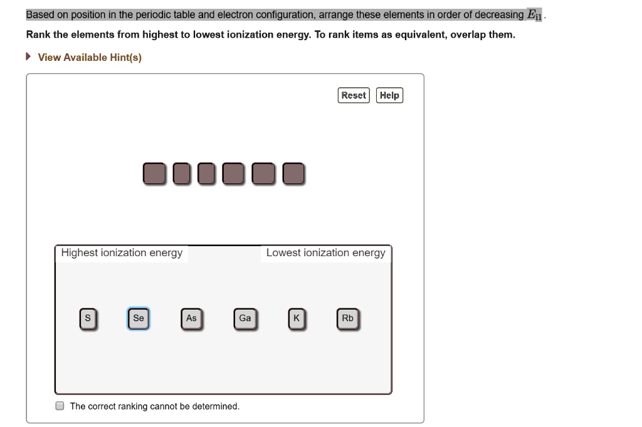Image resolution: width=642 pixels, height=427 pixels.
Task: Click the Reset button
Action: (x=354, y=95)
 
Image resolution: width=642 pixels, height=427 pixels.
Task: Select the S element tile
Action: (x=88, y=319)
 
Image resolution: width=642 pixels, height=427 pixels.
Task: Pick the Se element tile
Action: (x=139, y=319)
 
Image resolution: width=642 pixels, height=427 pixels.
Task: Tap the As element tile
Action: (x=191, y=319)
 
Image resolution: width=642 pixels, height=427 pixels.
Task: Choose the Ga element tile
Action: (x=245, y=319)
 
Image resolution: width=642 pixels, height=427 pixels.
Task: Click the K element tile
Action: (x=297, y=319)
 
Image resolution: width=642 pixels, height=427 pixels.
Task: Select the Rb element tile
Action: (x=348, y=319)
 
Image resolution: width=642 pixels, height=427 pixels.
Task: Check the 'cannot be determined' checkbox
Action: (x=60, y=406)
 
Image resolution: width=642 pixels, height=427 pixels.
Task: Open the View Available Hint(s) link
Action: (x=90, y=58)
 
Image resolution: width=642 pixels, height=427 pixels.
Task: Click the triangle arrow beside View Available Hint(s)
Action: (x=29, y=57)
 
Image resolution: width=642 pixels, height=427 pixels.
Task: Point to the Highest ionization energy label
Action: (x=122, y=253)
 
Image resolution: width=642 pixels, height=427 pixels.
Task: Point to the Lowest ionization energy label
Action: (x=325, y=253)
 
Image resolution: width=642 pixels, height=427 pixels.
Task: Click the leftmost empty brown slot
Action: (x=154, y=174)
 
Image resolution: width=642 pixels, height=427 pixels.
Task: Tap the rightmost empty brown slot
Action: (x=293, y=174)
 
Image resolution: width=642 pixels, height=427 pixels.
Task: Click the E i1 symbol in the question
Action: (x=535, y=15)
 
